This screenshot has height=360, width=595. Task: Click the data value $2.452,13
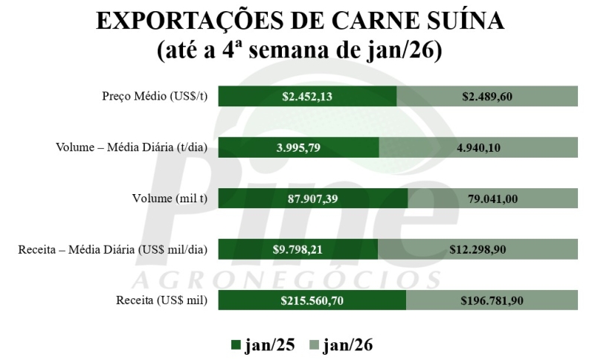pos(307,97)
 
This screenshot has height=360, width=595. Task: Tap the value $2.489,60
pos(487,97)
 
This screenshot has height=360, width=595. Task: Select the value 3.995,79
pos(298,147)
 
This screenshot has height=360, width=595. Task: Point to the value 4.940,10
pos(478,147)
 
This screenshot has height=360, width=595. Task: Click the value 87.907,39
pos(312,199)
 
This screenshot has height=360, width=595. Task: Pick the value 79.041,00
pos(492,199)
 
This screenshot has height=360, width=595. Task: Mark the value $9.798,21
pos(298,249)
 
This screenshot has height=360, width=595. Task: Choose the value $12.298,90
pos(477,249)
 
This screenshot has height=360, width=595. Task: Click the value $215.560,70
pos(312,300)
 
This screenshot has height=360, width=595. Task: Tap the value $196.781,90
pos(492,300)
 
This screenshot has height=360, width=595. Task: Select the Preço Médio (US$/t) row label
pos(155,97)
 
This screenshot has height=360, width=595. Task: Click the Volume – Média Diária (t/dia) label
pos(132,147)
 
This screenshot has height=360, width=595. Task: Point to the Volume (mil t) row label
pos(169,199)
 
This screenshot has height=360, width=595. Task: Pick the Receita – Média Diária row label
pos(113,249)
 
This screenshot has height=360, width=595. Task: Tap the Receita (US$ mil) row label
pos(161,300)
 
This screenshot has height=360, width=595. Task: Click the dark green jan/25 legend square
pos(237,344)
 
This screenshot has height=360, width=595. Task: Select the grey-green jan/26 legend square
pos(314,344)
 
